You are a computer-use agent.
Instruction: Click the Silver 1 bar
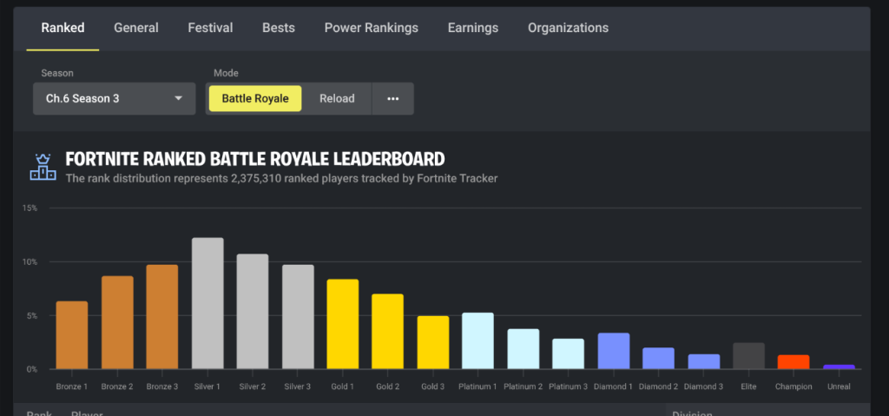[x=207, y=303]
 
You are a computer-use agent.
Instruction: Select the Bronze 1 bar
[x=72, y=335]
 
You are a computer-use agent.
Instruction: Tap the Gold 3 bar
[x=433, y=342]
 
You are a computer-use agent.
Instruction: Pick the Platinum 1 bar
[x=477, y=340]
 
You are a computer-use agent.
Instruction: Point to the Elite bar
[x=748, y=356]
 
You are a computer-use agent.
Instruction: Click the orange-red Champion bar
[x=794, y=362]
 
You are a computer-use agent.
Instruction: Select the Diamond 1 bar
[x=613, y=351]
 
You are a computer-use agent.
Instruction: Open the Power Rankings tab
[x=371, y=28]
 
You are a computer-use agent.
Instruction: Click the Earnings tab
[x=473, y=28]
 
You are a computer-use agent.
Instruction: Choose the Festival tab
[x=210, y=28]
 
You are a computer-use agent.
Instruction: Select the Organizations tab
[x=568, y=28]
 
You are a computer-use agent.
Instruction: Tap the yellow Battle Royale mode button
[x=254, y=98]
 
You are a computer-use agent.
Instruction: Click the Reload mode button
[x=337, y=98]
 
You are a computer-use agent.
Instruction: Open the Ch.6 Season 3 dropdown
[x=114, y=98]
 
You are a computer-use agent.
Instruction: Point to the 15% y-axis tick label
[x=30, y=208]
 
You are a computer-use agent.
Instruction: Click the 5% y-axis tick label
[x=32, y=316]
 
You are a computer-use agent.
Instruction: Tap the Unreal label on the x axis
[x=839, y=386]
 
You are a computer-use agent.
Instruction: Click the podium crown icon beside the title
[x=41, y=166]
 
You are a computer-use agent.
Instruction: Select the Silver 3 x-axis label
[x=298, y=386]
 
